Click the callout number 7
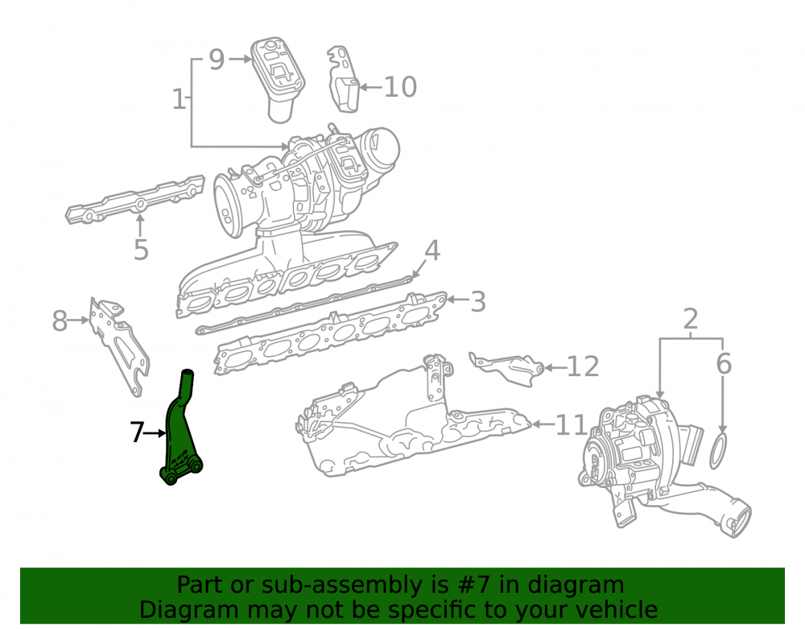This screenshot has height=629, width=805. [137, 432]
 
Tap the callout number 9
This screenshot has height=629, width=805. [217, 60]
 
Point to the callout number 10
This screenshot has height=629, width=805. [400, 87]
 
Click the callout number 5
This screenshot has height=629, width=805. [141, 250]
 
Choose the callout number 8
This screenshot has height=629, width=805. [60, 321]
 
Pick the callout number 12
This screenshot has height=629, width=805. [582, 366]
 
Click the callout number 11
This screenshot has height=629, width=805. [571, 424]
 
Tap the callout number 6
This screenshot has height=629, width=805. [724, 363]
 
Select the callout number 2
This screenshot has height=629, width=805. [691, 319]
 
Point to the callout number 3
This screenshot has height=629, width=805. [478, 301]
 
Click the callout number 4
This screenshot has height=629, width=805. [431, 250]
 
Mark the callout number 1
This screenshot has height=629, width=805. [179, 99]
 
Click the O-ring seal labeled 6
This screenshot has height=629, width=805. [719, 450]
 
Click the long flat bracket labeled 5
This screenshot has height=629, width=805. [135, 201]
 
